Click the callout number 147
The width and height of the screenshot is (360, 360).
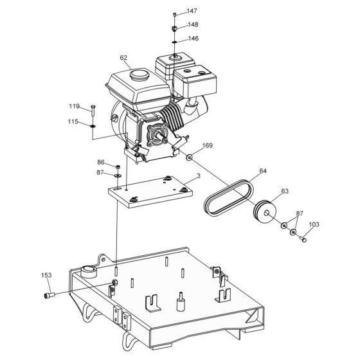(x=192, y=12)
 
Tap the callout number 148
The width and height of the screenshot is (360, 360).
(x=192, y=25)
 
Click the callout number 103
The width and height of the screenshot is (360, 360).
(x=314, y=225)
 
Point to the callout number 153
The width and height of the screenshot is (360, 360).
(x=46, y=275)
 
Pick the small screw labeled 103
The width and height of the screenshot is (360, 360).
(x=303, y=240)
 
